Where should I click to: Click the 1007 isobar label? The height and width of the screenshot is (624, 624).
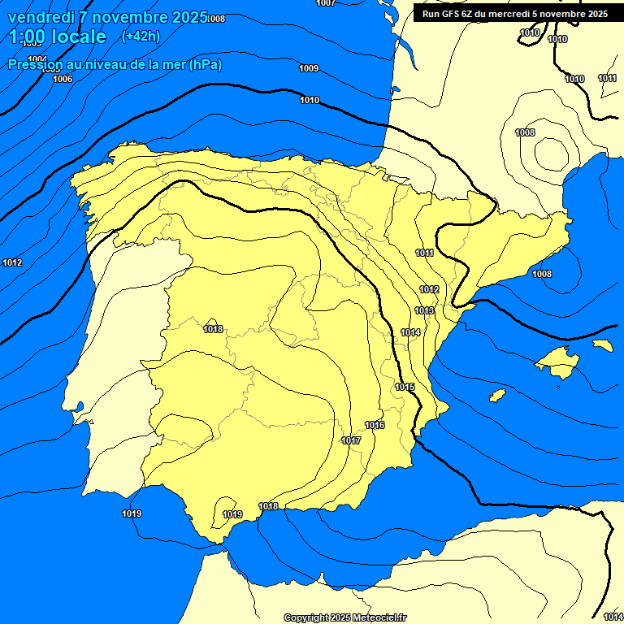click(x=326, y=3)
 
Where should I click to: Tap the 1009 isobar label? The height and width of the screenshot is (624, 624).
click(x=309, y=69)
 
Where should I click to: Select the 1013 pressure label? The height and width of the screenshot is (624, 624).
click(x=424, y=311)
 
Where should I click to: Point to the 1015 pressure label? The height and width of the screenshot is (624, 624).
click(x=405, y=388)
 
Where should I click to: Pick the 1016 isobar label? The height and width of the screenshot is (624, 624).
click(x=375, y=426)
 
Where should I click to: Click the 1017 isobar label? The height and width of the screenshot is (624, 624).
click(x=351, y=441)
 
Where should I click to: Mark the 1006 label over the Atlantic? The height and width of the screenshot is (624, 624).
click(x=63, y=80)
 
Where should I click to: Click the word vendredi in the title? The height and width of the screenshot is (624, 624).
click(x=41, y=17)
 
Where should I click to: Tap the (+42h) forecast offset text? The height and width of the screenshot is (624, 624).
click(x=141, y=36)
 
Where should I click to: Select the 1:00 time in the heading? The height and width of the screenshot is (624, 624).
click(x=28, y=37)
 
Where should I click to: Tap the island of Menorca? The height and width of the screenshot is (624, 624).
click(x=602, y=345)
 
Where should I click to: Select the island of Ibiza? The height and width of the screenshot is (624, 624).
click(x=496, y=396)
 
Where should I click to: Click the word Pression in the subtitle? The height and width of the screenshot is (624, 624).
click(x=35, y=65)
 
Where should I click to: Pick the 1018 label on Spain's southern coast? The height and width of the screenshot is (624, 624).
click(x=268, y=507)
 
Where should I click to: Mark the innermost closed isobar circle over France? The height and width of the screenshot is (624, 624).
click(x=551, y=151)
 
